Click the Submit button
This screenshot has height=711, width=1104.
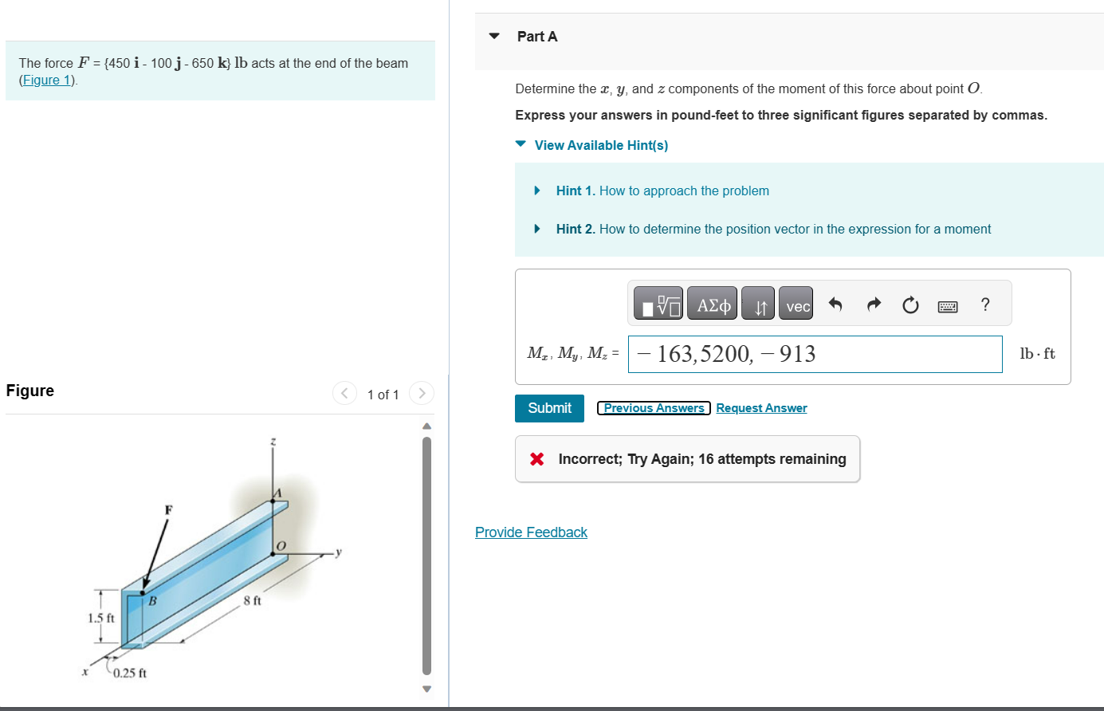pyautogui.click(x=549, y=408)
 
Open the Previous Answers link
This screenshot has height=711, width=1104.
pyautogui.click(x=654, y=408)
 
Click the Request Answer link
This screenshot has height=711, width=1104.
pyautogui.click(x=761, y=408)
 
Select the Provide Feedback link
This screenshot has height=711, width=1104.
pyautogui.click(x=531, y=532)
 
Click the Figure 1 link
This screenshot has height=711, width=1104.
pyautogui.click(x=47, y=80)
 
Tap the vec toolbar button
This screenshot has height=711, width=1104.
pyautogui.click(x=796, y=305)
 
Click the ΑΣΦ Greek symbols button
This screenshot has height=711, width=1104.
pyautogui.click(x=713, y=305)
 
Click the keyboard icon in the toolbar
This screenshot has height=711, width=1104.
pyautogui.click(x=948, y=306)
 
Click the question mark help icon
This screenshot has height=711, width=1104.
pyautogui.click(x=985, y=304)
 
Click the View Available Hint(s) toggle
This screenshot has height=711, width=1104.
pyautogui.click(x=600, y=145)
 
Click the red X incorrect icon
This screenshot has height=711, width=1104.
pyautogui.click(x=537, y=459)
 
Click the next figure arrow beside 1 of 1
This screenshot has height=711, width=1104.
pyautogui.click(x=422, y=393)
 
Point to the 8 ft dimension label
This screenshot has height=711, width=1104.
pyautogui.click(x=252, y=600)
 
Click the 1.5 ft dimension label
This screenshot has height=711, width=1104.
pyautogui.click(x=100, y=618)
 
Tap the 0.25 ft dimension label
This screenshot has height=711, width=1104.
pyautogui.click(x=129, y=673)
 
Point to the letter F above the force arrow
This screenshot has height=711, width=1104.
pyautogui.click(x=168, y=509)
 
